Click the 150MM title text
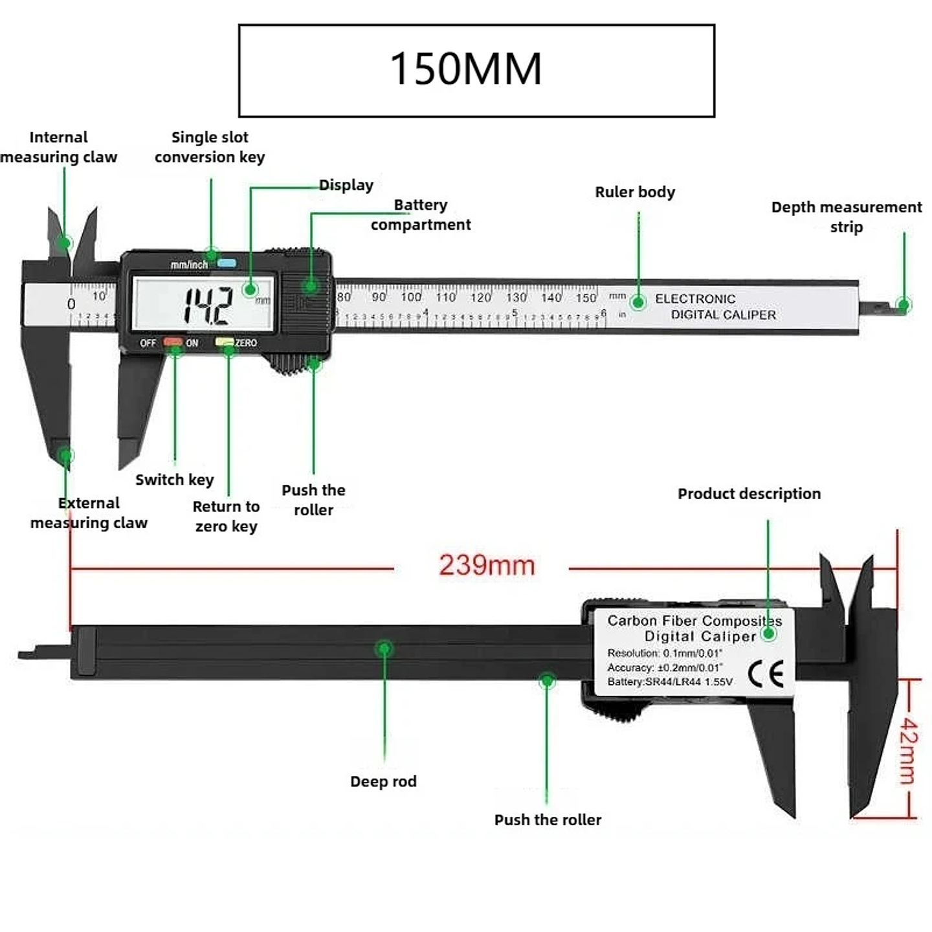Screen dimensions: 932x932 pos(465,69)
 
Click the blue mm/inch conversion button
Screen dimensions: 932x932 pos(227,263)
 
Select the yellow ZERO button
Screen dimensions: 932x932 pos(225,342)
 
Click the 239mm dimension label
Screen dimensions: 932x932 pos(487,565)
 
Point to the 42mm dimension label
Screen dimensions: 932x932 pos(908,749)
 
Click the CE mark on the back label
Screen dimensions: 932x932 pos(766,674)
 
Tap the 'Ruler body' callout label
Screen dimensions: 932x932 pos(634,192)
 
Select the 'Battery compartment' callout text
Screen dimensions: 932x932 pos(421,215)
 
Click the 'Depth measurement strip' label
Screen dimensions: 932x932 pos(846,217)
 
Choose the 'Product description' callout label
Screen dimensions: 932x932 pos(749,494)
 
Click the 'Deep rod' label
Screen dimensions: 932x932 pos(383,782)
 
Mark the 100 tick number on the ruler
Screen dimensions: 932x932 pos(411,297)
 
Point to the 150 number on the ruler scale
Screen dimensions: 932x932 pos(586,298)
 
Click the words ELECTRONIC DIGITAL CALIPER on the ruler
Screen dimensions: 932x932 pos(715,307)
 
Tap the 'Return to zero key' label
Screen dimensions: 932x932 pos(226,516)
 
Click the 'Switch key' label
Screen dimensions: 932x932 pos(174,480)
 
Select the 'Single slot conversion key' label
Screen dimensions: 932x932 pos(210,147)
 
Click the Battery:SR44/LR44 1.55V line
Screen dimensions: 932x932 pos(669,682)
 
